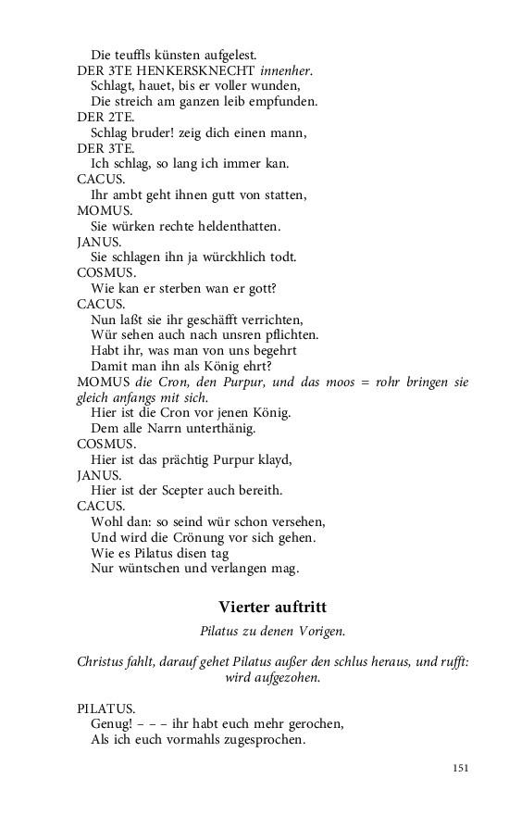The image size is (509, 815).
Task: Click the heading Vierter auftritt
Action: (272, 607)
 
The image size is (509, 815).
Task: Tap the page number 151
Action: (460, 768)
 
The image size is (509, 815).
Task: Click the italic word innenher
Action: (286, 69)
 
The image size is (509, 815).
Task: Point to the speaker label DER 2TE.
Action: (106, 116)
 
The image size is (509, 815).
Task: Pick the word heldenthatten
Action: (228, 225)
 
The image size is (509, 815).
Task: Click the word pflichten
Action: (292, 334)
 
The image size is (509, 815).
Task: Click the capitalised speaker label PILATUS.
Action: (106, 708)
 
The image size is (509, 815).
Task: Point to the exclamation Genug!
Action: (112, 723)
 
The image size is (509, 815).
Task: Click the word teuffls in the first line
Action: (136, 54)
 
